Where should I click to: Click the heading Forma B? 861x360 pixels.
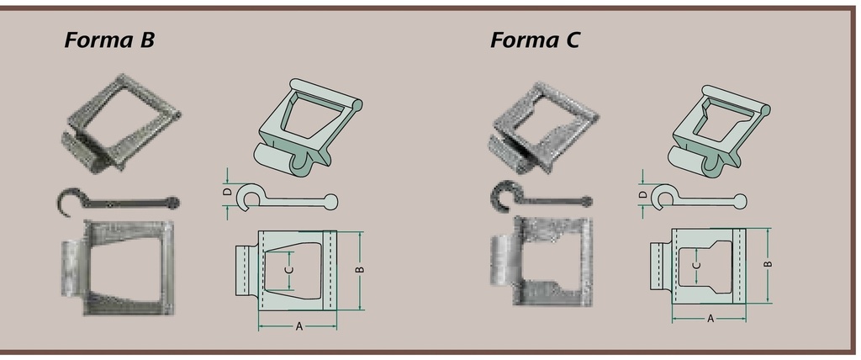109,40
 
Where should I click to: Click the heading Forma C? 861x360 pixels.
534,40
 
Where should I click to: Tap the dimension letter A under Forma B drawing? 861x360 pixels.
299,326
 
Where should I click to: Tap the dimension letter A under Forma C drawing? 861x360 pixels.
710,318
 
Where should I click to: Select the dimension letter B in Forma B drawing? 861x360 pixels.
360,269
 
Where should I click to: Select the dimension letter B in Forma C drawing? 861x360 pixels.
769,264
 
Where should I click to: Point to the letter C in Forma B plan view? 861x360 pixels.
290,270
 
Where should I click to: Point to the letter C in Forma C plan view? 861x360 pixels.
697,265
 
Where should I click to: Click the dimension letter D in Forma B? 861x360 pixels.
227,193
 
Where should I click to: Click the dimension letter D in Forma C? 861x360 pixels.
643,194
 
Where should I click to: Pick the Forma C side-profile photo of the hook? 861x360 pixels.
541,198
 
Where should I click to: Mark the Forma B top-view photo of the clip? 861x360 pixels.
118,267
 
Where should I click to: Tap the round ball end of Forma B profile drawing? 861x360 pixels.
330,202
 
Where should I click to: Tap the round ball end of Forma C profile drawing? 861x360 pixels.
740,201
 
